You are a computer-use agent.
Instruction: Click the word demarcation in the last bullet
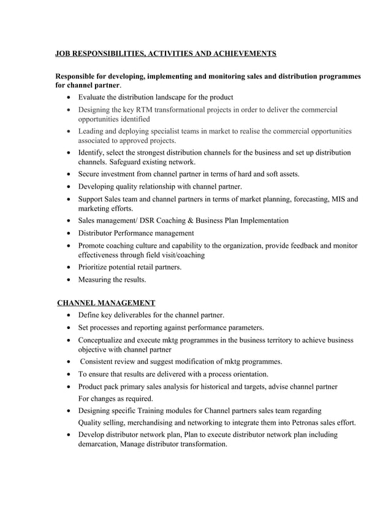click(x=101, y=444)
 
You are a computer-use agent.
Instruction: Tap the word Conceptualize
click(x=105, y=339)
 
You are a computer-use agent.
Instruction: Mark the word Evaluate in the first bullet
click(x=94, y=97)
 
